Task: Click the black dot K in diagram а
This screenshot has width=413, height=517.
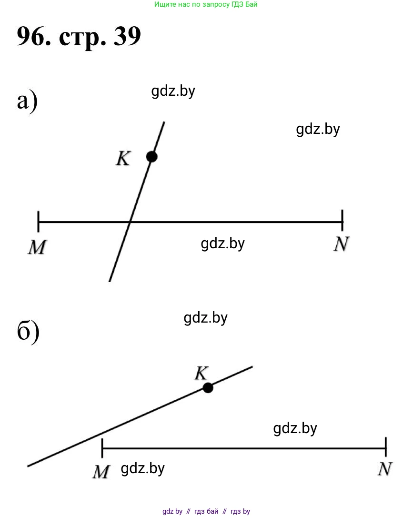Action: pos(151,156)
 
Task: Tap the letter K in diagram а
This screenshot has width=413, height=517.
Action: pos(123,159)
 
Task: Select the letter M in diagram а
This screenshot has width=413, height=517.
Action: pos(37,247)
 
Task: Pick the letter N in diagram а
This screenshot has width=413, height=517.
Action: pos(341,244)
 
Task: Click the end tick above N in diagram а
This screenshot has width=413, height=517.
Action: pos(342,216)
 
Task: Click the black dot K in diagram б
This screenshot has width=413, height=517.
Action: pos(208,387)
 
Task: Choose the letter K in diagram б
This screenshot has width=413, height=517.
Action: pos(201,374)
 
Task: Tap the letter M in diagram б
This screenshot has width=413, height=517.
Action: pos(101,472)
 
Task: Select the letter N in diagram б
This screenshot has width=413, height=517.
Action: pos(385,469)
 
